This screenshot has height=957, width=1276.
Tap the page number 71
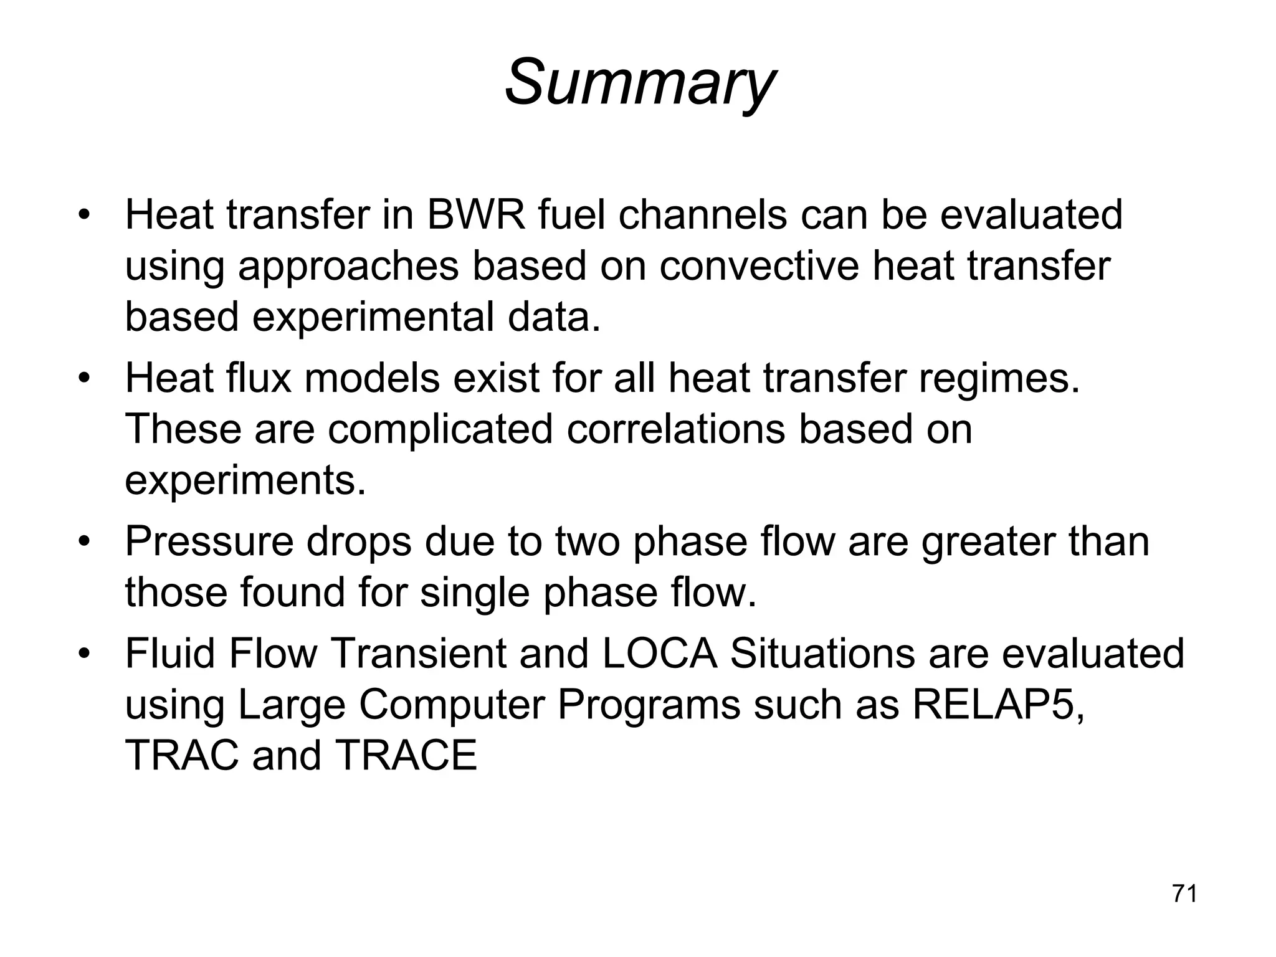pos(1184,893)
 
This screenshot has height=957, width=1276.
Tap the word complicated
pos(440,430)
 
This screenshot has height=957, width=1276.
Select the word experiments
pos(245,482)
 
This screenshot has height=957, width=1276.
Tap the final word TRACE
pos(406,756)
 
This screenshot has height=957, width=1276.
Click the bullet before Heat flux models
pos(85,379)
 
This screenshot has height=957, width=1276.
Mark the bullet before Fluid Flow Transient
pos(85,655)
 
